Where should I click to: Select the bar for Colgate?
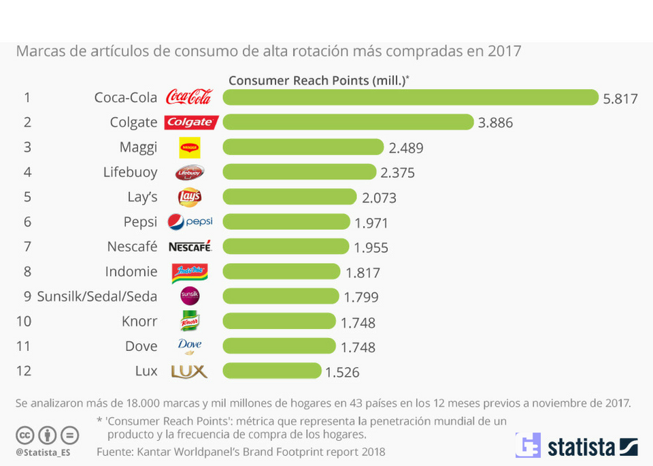[348, 122]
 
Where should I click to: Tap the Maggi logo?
[190, 147]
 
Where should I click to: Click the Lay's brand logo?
[190, 198]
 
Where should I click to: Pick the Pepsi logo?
[190, 222]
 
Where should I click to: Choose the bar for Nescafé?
[286, 247]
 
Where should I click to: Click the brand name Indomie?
[131, 272]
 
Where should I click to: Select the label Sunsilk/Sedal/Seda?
[97, 297]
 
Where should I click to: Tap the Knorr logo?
[190, 322]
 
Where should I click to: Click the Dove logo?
[190, 346]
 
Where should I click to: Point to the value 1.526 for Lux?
[342, 372]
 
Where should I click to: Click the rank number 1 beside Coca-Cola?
[27, 97]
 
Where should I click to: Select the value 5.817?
[620, 99]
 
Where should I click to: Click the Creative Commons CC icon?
[25, 435]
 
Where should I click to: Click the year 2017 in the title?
[504, 51]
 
